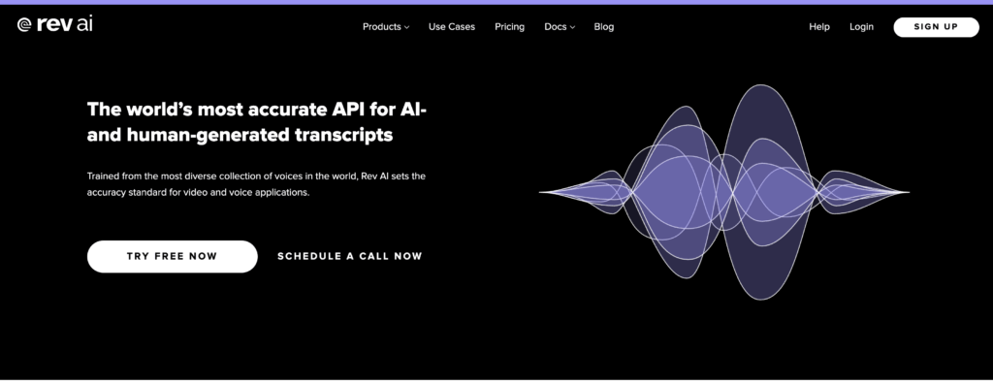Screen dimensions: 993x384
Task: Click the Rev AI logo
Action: [x=54, y=24]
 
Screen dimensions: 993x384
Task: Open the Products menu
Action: [x=386, y=26]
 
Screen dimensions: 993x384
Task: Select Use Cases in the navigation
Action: [x=452, y=26]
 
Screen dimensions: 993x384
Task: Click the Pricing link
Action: [x=509, y=26]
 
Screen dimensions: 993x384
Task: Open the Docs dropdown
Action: [x=560, y=26]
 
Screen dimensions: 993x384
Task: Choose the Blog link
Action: [x=603, y=26]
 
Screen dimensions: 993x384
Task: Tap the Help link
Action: [x=818, y=26]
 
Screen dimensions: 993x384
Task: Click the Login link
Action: [x=861, y=26]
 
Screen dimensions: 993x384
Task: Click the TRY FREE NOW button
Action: [x=173, y=257]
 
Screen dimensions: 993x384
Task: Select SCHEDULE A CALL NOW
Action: [x=349, y=257]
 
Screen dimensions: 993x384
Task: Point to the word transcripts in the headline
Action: [x=343, y=135]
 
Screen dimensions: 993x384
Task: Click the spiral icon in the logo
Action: [x=24, y=24]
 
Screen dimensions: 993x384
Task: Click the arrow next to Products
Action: [x=406, y=27]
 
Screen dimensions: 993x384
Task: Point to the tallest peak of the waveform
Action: [x=759, y=85]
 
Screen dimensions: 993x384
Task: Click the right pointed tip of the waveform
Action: [x=908, y=192]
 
